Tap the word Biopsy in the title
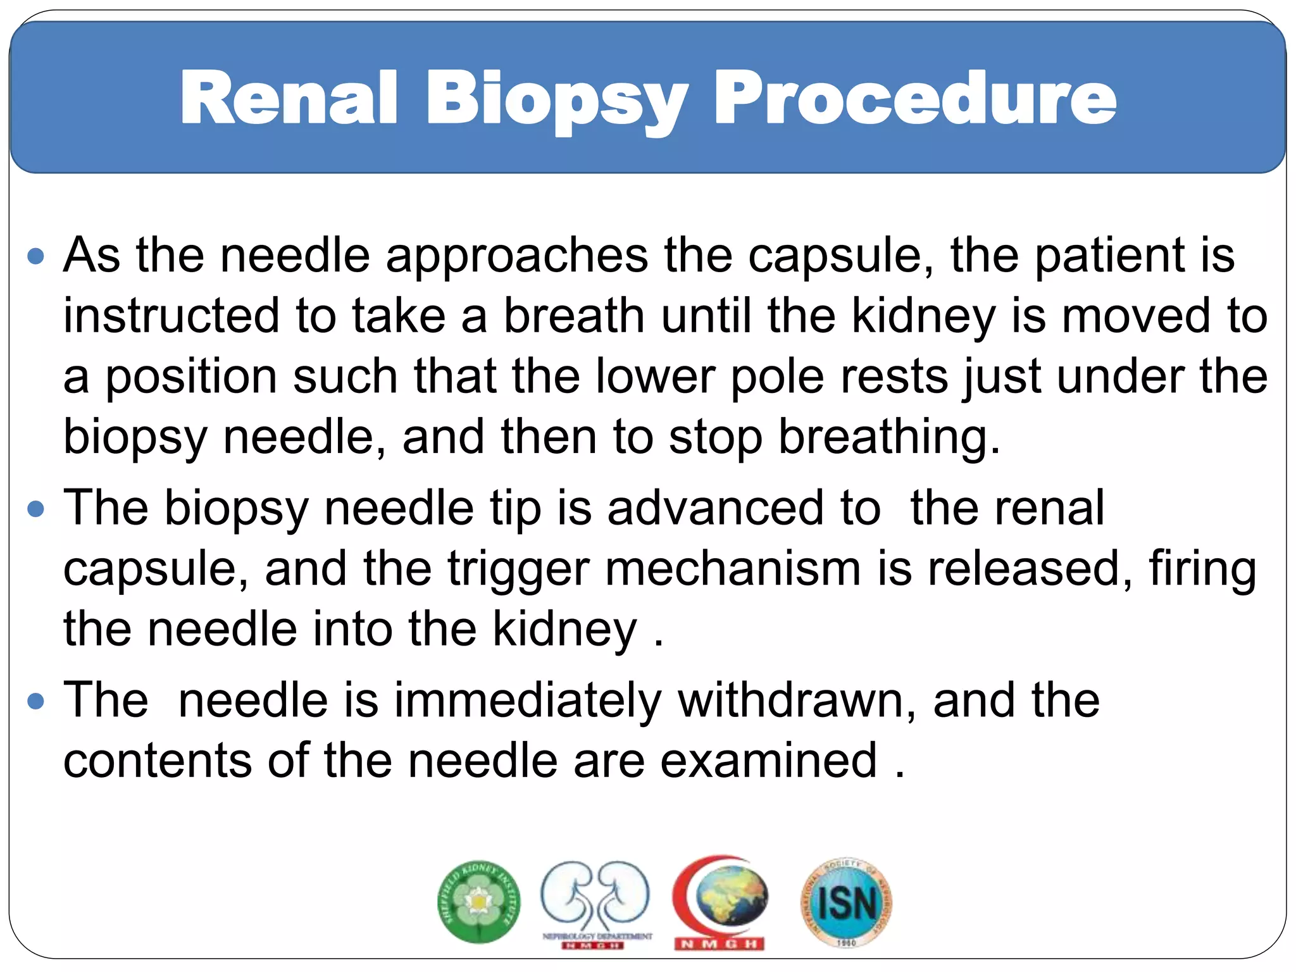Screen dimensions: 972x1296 [556, 101]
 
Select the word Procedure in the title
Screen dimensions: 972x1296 [914, 98]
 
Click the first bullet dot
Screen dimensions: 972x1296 [37, 256]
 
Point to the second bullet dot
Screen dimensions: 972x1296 [37, 509]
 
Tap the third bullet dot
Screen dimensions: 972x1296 [37, 701]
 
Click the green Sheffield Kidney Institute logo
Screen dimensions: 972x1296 [479, 901]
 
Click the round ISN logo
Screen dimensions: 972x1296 [846, 902]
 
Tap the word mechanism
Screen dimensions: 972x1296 [733, 568]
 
